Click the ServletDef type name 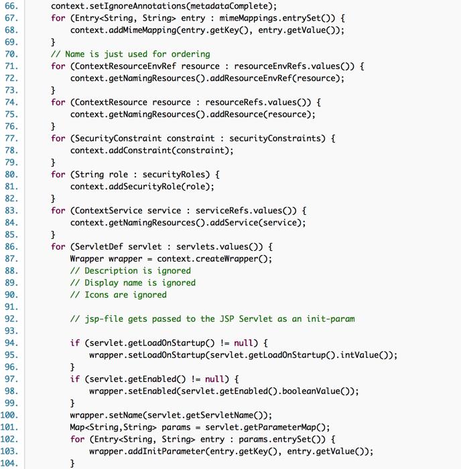pos(96,247)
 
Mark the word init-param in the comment pos(330,319)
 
